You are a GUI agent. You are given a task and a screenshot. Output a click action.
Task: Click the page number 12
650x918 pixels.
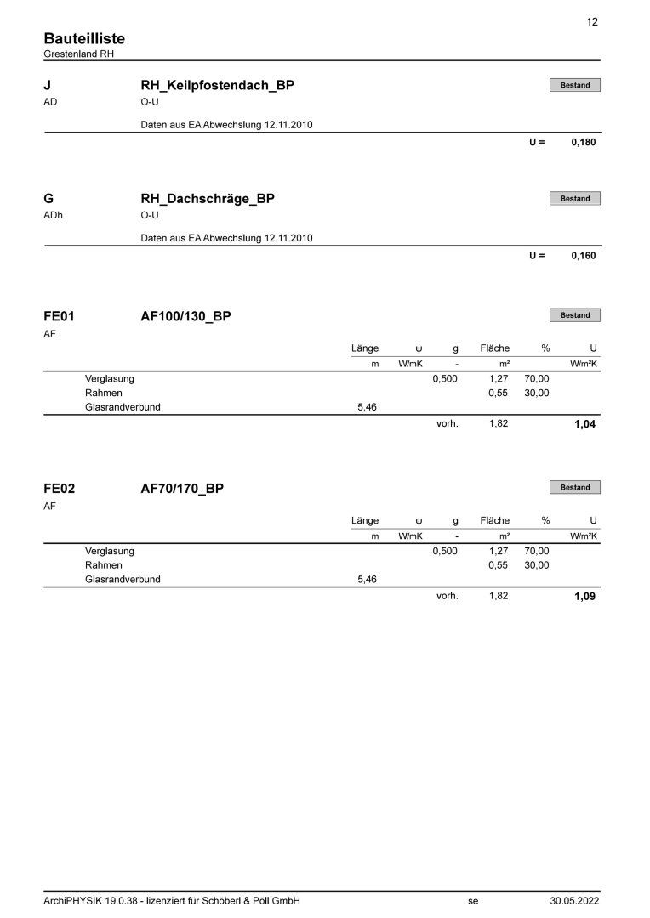(592, 22)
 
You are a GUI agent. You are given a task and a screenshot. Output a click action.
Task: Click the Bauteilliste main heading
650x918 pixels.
(84, 39)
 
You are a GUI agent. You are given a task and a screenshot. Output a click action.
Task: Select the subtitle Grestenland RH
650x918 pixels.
(78, 54)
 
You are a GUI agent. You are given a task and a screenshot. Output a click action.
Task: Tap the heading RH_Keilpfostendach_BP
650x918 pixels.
(217, 86)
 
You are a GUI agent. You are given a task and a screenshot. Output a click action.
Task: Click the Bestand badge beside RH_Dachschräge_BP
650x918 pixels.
(574, 199)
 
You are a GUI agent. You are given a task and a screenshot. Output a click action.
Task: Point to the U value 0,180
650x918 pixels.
(584, 143)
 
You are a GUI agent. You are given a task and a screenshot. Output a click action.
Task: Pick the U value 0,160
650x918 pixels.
(584, 256)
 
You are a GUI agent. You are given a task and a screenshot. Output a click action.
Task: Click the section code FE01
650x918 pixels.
(59, 316)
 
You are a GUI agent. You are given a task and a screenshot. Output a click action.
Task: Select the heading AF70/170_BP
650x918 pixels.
(182, 489)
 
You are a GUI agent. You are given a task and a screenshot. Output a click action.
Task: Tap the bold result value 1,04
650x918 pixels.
(584, 424)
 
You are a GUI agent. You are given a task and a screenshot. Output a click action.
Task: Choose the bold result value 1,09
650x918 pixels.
(584, 597)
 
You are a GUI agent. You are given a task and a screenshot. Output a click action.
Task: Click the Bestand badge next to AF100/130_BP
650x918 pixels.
(574, 315)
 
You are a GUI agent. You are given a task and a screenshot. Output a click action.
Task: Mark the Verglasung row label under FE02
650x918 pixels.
(110, 551)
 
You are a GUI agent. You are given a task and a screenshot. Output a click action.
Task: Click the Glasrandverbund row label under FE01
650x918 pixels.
(123, 407)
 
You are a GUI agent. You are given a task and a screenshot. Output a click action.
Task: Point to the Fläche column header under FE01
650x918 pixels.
(494, 348)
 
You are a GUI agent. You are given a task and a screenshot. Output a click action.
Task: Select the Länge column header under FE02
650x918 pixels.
(364, 520)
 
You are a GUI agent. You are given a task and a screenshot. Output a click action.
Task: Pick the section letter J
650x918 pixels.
(47, 86)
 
